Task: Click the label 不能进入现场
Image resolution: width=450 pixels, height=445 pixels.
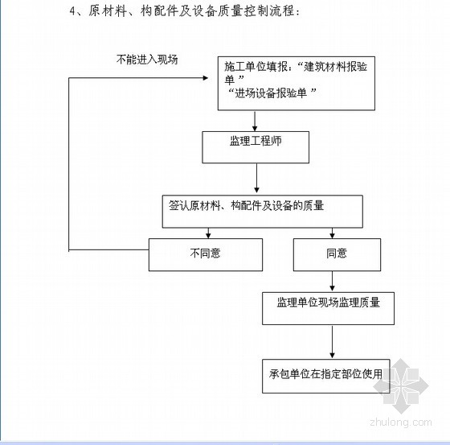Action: [147, 60]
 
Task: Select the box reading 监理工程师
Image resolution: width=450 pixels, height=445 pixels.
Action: [256, 147]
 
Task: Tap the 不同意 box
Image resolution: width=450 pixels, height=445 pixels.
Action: [206, 254]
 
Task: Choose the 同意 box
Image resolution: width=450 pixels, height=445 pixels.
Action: [337, 254]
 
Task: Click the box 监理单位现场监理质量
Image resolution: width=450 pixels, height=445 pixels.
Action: [328, 308]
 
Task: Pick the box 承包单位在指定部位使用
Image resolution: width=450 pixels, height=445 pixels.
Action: [326, 376]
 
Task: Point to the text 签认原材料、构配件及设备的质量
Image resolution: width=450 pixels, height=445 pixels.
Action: [246, 205]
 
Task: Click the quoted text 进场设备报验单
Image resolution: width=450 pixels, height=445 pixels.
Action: [271, 93]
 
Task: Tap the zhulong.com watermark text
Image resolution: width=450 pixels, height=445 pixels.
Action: [401, 422]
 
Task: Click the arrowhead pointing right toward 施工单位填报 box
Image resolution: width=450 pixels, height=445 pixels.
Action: [205, 78]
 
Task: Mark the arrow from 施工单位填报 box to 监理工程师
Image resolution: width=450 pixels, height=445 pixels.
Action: [255, 121]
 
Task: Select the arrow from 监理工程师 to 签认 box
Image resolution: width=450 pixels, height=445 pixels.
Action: [256, 178]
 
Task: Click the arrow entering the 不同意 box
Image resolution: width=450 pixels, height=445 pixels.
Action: [208, 233]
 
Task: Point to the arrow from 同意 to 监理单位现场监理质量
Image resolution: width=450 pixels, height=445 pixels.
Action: [332, 281]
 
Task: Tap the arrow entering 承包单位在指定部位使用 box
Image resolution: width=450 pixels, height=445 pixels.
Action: [332, 342]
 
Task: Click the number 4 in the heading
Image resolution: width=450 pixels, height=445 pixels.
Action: [72, 11]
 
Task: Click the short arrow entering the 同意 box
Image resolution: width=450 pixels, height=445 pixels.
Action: [332, 233]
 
